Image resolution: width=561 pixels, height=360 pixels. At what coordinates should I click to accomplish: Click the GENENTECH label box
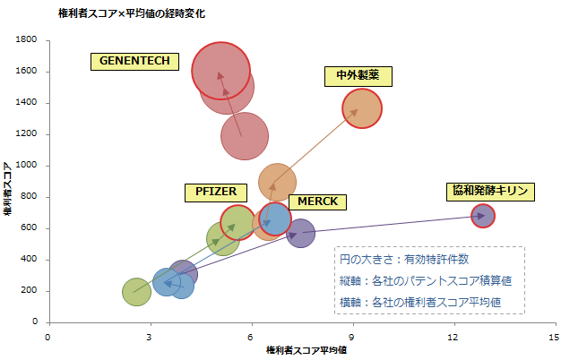135,62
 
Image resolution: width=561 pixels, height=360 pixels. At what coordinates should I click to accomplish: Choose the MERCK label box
318,201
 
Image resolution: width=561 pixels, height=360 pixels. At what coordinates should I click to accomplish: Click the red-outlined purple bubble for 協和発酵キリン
483,216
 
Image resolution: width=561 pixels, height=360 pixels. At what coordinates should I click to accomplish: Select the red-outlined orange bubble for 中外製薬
362,108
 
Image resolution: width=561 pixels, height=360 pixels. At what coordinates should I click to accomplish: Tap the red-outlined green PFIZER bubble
237,223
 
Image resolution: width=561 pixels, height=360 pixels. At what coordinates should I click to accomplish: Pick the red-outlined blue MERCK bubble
274,219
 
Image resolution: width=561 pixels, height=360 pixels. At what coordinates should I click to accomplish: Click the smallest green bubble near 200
136,291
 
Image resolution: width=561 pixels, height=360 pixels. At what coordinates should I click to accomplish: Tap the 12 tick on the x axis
455,336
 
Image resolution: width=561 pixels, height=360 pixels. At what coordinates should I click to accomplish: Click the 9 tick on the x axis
353,336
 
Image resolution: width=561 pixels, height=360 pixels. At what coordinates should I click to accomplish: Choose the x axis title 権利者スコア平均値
306,350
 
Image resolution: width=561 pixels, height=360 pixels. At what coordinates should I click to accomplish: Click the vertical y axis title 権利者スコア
8,189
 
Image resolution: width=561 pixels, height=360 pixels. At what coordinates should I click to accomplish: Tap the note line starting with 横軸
419,302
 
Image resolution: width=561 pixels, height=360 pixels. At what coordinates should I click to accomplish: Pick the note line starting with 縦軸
419,280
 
